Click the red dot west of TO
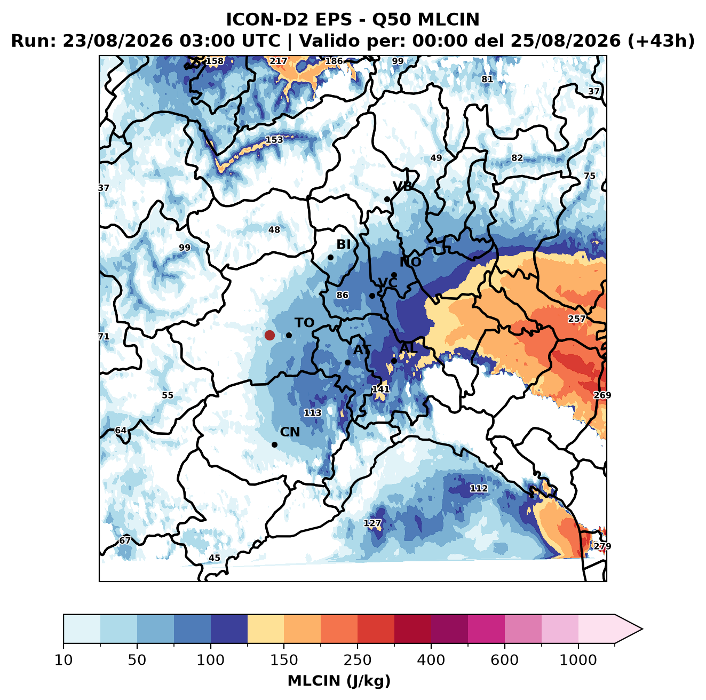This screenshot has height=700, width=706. coord(269,335)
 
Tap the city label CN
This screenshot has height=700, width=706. coord(290,432)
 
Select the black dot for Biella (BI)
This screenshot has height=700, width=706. coord(330,258)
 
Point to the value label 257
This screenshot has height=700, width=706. coord(577,319)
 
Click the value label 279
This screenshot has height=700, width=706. coord(602,546)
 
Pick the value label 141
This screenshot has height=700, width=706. coord(380,389)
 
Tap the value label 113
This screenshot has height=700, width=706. coord(313,413)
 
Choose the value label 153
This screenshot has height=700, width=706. coord(274,140)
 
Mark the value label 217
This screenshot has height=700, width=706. coord(279,61)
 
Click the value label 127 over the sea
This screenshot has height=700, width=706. coord(372,523)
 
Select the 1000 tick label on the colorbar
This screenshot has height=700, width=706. coord(578,660)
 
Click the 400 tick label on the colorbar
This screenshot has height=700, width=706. coord(431,660)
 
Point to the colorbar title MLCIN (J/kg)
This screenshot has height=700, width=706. coord(339,681)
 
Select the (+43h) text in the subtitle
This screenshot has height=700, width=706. coord(661,41)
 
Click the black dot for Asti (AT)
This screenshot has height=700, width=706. coord(347,362)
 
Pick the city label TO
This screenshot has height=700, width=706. coord(305,323)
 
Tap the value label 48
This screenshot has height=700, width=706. coord(274,229)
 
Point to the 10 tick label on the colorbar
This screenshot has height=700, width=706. coord(64,660)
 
